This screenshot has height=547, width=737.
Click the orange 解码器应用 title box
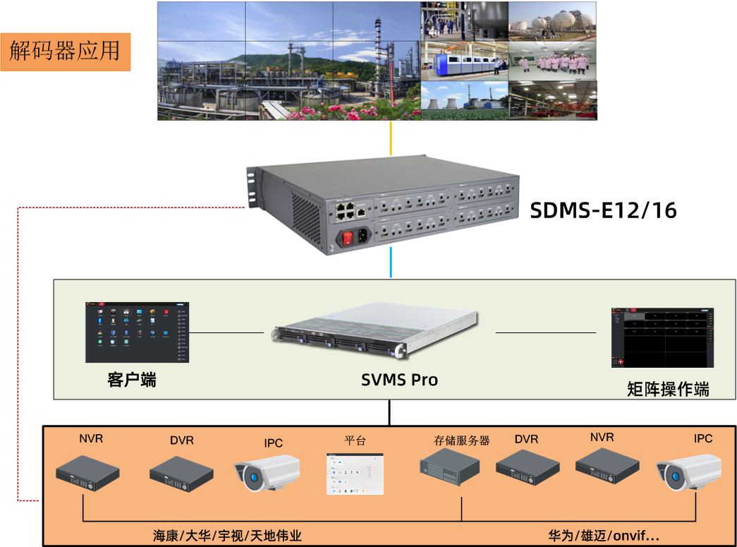click(x=65, y=51)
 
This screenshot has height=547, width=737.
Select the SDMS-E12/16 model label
click(x=603, y=210)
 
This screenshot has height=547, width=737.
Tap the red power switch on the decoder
click(x=347, y=238)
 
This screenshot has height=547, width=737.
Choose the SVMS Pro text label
click(x=399, y=380)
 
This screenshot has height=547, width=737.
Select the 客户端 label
click(x=132, y=380)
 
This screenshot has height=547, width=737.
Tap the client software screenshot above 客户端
click(x=138, y=332)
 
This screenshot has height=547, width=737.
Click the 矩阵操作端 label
click(x=667, y=389)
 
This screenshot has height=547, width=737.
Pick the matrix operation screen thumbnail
click(x=662, y=337)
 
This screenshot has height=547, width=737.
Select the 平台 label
click(x=355, y=440)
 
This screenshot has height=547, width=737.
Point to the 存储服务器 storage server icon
click(x=449, y=467)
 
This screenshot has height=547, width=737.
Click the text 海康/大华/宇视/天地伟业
click(x=227, y=536)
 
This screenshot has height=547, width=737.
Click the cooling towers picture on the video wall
click(x=464, y=101)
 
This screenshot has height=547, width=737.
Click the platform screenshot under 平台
click(x=355, y=474)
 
